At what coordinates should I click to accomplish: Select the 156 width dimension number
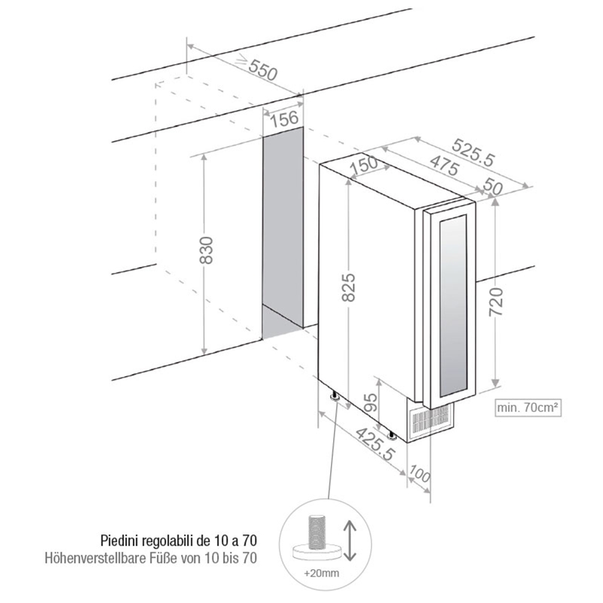284,119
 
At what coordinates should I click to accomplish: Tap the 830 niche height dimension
206,250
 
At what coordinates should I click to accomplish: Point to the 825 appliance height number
349,287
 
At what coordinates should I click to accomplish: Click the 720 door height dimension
496,302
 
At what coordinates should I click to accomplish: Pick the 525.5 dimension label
473,152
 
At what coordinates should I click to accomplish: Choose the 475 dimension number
444,165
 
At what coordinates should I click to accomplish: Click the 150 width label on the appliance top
365,164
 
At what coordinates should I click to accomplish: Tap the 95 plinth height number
371,403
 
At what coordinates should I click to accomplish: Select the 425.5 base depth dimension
375,444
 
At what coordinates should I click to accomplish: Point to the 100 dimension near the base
419,474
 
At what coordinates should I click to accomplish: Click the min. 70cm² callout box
528,407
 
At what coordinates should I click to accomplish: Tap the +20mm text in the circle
322,573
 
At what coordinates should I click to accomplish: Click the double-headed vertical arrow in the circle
350,540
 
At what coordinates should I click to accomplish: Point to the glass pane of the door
454,306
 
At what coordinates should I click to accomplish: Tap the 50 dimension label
493,186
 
